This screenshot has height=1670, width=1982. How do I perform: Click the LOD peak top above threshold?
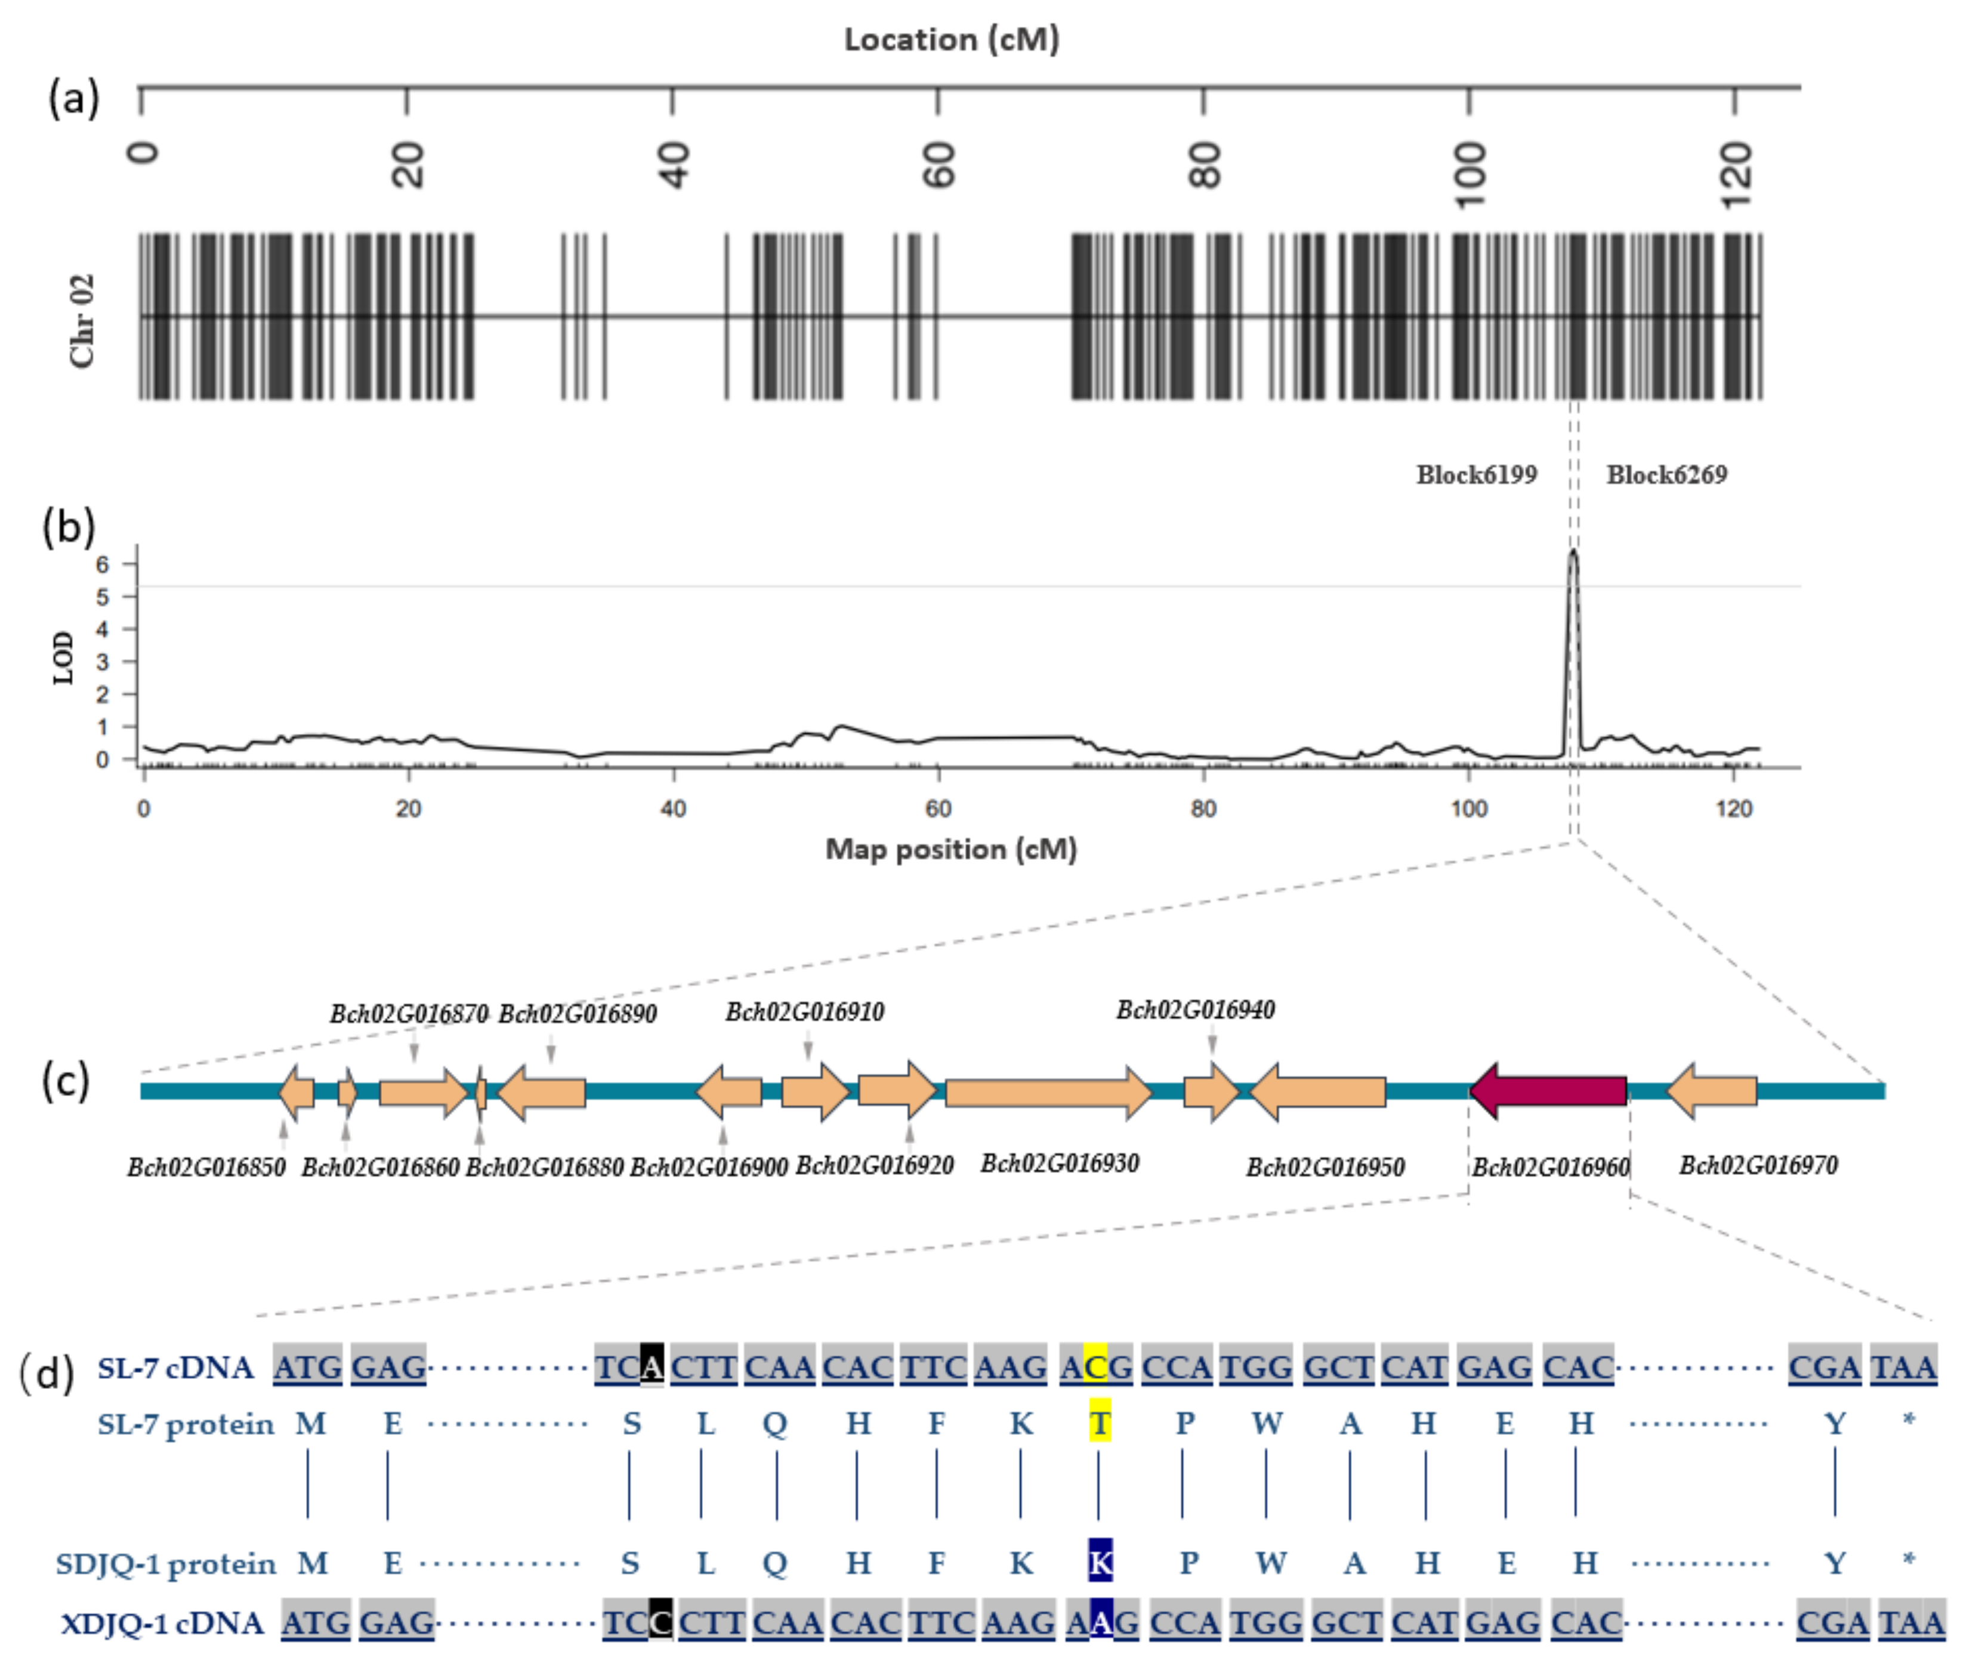[1573, 551]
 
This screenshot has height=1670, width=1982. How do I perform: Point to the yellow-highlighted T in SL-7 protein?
[1099, 1424]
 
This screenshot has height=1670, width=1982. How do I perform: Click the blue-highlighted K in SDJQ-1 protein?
[1100, 1563]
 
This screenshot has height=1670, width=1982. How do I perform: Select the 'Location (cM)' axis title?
[951, 40]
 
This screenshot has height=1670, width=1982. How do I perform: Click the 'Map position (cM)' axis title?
[951, 849]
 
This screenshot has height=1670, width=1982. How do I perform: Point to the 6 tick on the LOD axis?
[102, 564]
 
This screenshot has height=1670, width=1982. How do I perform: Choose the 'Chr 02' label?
[82, 320]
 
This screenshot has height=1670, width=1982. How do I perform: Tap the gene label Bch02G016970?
[1758, 1165]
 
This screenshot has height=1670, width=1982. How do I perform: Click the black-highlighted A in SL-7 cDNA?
[651, 1366]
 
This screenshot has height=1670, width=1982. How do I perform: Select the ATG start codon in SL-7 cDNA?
[308, 1366]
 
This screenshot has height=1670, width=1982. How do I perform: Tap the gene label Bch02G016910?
[804, 1012]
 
